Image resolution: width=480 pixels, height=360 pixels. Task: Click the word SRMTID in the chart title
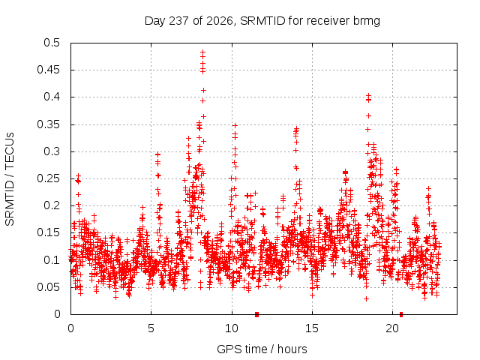pos(262,21)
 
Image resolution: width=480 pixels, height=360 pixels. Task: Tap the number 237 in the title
pos(179,21)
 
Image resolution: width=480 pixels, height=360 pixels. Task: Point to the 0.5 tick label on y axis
pos(52,43)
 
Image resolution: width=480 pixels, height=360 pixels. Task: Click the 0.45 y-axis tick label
pos(48,70)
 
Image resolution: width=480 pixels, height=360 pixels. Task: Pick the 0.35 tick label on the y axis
pos(48,124)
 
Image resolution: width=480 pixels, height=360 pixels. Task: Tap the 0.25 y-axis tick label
pos(48,178)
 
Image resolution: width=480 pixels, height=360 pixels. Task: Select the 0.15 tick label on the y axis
pos(48,232)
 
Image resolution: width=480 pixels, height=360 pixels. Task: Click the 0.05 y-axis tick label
pos(48,287)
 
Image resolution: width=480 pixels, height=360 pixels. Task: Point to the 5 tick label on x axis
pos(151,328)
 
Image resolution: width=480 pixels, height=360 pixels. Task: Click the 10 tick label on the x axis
pos(232,328)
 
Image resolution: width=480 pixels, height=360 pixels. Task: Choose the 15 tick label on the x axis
pos(312,328)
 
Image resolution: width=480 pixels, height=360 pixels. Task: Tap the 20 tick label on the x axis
pos(392,328)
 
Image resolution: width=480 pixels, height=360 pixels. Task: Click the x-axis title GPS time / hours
pos(262,349)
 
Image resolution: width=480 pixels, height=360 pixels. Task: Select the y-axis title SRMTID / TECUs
pos(10,179)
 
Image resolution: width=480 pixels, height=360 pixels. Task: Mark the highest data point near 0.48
pos(202,52)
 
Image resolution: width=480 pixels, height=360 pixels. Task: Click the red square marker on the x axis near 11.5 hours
pos(256,314)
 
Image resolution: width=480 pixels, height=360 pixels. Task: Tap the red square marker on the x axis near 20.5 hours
pos(401,314)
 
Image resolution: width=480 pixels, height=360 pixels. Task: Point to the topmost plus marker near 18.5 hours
pos(368,95)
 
